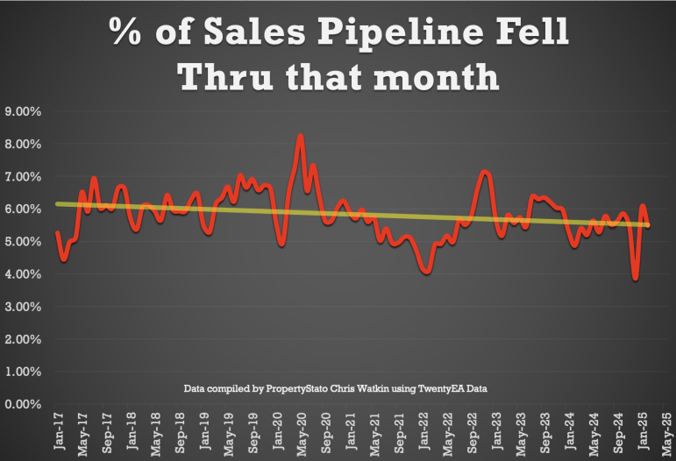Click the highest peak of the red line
click(301, 136)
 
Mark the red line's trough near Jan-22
click(427, 272)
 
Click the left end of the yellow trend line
click(57, 203)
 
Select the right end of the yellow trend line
click(649, 225)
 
